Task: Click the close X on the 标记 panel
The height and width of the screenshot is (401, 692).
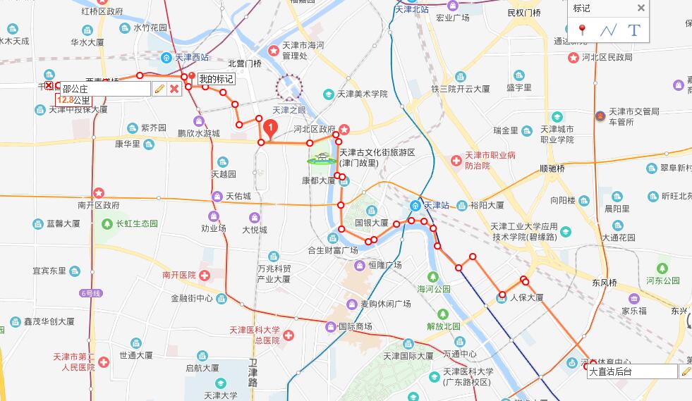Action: pyautogui.click(x=641, y=8)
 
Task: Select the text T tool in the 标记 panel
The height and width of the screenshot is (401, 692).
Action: pyautogui.click(x=633, y=30)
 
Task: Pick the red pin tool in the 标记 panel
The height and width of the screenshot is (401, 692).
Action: pyautogui.click(x=582, y=30)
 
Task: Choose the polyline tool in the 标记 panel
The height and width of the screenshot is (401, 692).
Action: pyautogui.click(x=608, y=30)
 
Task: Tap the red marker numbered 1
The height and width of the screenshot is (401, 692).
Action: pyautogui.click(x=269, y=128)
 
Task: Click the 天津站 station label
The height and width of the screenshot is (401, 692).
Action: pyautogui.click(x=435, y=205)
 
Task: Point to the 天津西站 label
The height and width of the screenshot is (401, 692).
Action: pyautogui.click(x=191, y=57)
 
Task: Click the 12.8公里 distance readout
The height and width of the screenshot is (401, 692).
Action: pyautogui.click(x=74, y=100)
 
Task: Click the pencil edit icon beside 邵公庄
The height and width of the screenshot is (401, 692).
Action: pyautogui.click(x=159, y=89)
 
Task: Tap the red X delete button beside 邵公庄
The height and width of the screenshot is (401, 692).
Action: pyautogui.click(x=174, y=89)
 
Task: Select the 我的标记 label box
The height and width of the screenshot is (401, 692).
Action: pyautogui.click(x=215, y=79)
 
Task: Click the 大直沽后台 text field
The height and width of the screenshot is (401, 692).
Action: pyautogui.click(x=632, y=372)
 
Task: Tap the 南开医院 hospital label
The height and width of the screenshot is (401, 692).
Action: pyautogui.click(x=178, y=275)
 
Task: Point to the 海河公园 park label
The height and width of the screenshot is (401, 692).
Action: pyautogui.click(x=433, y=289)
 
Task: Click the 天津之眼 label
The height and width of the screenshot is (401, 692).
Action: pyautogui.click(x=289, y=110)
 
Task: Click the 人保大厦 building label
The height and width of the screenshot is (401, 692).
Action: pyautogui.click(x=526, y=297)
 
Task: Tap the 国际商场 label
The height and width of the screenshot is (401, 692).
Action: pyautogui.click(x=355, y=326)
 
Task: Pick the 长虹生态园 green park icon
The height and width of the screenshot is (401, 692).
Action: pyautogui.click(x=107, y=224)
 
